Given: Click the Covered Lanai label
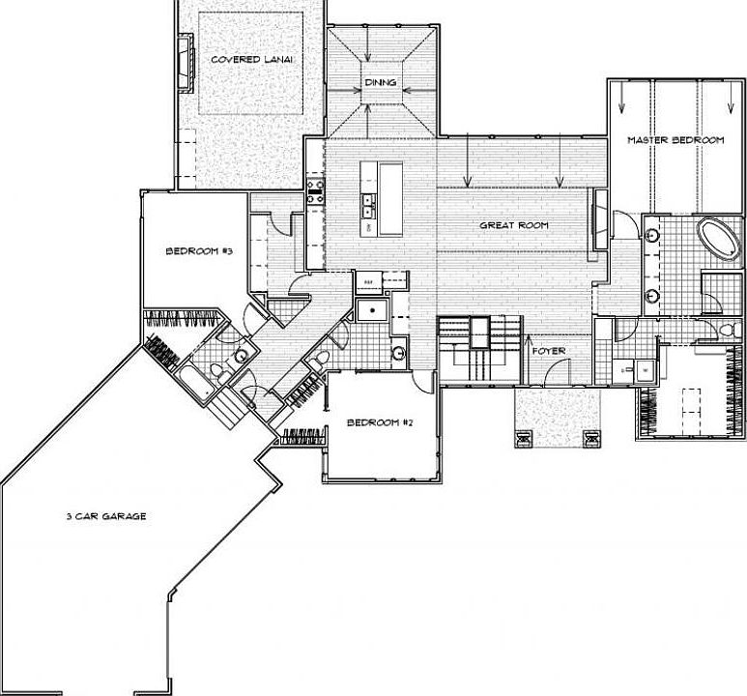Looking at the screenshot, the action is [x=252, y=59].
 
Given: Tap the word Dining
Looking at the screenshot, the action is [x=381, y=82].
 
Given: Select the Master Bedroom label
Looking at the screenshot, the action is [x=675, y=140].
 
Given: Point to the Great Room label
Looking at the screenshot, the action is [x=514, y=225].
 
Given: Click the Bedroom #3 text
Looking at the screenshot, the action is [x=200, y=251].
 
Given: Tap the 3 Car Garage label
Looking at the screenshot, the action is [x=106, y=516].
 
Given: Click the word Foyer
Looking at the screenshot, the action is [x=549, y=350].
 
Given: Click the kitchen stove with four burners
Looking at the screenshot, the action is [x=314, y=188].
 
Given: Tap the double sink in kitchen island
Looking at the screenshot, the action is [x=369, y=206].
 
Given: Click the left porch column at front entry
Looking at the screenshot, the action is [x=524, y=437].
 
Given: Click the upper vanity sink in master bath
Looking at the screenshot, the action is [x=651, y=234].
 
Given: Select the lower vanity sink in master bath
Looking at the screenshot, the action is [x=651, y=294].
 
